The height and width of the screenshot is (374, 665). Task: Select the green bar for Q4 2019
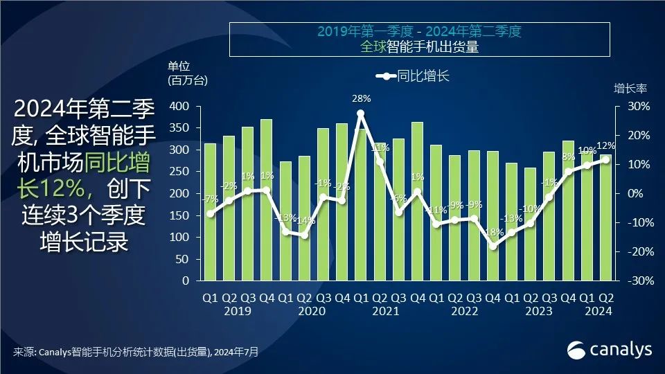point(266,201)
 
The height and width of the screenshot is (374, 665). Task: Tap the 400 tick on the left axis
point(179,106)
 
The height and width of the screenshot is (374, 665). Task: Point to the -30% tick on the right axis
point(638,281)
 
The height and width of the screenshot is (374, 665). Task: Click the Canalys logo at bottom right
point(610,350)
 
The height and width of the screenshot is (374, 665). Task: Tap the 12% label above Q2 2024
point(605,146)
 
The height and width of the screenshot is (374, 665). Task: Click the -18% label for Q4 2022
point(494,233)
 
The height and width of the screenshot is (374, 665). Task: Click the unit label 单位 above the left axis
point(179,66)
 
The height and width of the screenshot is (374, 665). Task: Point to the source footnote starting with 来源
point(135,353)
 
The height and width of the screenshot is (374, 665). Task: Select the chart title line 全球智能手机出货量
point(419,46)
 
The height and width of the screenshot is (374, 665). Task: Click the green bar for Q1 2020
point(285,222)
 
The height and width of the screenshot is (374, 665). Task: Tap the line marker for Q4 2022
point(493,246)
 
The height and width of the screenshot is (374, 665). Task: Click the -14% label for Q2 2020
point(305,221)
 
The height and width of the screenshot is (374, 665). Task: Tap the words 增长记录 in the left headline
point(84,243)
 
